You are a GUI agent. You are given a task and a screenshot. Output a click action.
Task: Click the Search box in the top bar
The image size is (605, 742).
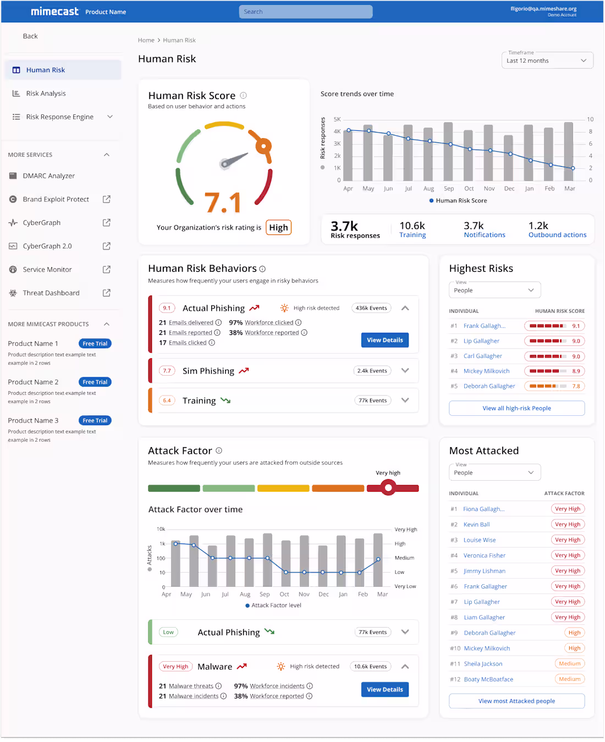tap(306, 12)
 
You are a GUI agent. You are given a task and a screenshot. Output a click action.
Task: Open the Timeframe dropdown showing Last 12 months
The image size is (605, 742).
tap(547, 61)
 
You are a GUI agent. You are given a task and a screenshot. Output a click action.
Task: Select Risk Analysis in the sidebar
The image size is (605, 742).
tap(46, 94)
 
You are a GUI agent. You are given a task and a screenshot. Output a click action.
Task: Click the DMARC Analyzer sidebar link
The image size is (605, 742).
tap(49, 175)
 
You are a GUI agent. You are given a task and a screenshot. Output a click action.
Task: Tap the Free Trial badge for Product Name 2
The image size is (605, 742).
tap(95, 382)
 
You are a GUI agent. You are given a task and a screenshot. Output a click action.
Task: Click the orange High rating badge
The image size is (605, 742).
tap(278, 227)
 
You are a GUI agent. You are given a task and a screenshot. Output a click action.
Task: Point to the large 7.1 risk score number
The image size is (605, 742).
tap(223, 202)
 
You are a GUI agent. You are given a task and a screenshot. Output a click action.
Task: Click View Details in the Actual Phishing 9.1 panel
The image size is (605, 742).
tap(385, 340)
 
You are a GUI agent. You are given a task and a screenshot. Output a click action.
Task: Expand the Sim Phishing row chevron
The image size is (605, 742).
tap(405, 371)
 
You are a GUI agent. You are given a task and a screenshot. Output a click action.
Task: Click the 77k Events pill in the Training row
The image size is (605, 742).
tap(372, 400)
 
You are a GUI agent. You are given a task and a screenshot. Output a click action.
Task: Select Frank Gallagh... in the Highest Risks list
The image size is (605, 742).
tap(485, 326)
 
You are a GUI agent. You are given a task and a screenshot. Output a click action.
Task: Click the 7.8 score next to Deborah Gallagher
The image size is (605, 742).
tap(576, 386)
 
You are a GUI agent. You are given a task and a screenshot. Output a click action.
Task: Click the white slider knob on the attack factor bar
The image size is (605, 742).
tap(388, 488)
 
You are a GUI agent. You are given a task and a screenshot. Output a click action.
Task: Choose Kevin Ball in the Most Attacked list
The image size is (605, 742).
tap(477, 524)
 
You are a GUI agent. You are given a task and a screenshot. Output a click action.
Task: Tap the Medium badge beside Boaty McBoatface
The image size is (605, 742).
tap(569, 679)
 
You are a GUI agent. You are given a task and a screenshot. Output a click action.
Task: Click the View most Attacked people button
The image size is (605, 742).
tap(516, 701)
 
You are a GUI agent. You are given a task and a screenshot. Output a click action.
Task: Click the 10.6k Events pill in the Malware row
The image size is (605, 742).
tap(370, 666)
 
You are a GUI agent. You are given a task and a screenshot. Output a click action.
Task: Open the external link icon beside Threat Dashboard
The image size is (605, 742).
tap(107, 293)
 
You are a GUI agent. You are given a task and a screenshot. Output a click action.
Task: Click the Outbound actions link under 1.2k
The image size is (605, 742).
tap(558, 235)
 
